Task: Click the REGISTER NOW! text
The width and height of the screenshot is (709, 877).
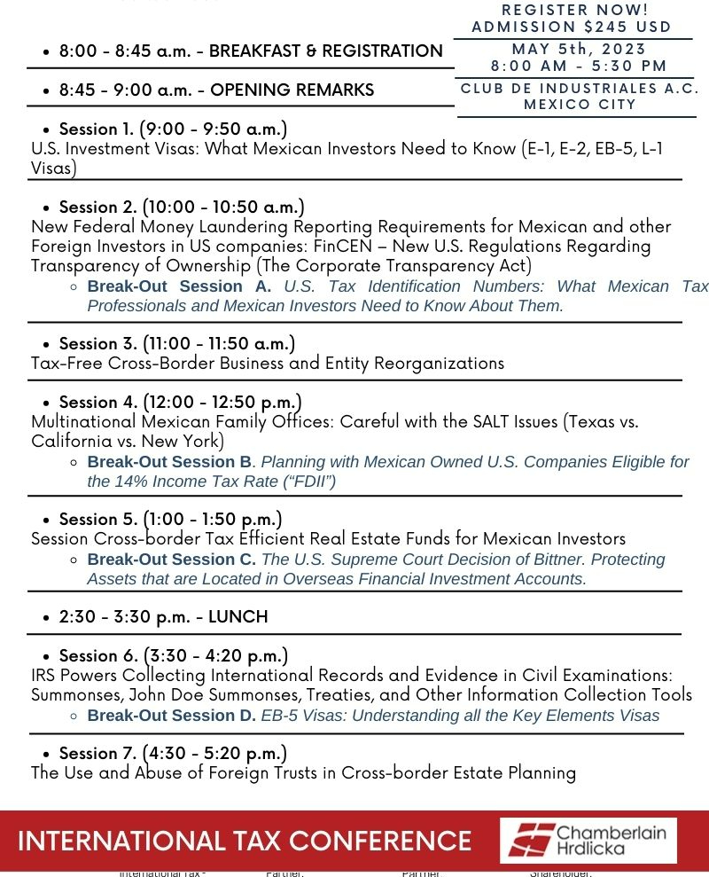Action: (574, 9)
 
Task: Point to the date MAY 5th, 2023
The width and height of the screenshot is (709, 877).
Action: (579, 49)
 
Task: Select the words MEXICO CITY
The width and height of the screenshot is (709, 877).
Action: (580, 105)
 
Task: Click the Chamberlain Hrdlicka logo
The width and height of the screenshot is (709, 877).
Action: (588, 841)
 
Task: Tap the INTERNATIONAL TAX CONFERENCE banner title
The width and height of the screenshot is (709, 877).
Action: (245, 841)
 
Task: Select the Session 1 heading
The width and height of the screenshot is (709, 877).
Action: (173, 129)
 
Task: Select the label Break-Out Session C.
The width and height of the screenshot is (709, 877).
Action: (171, 560)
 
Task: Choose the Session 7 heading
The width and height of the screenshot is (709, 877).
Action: (173, 754)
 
